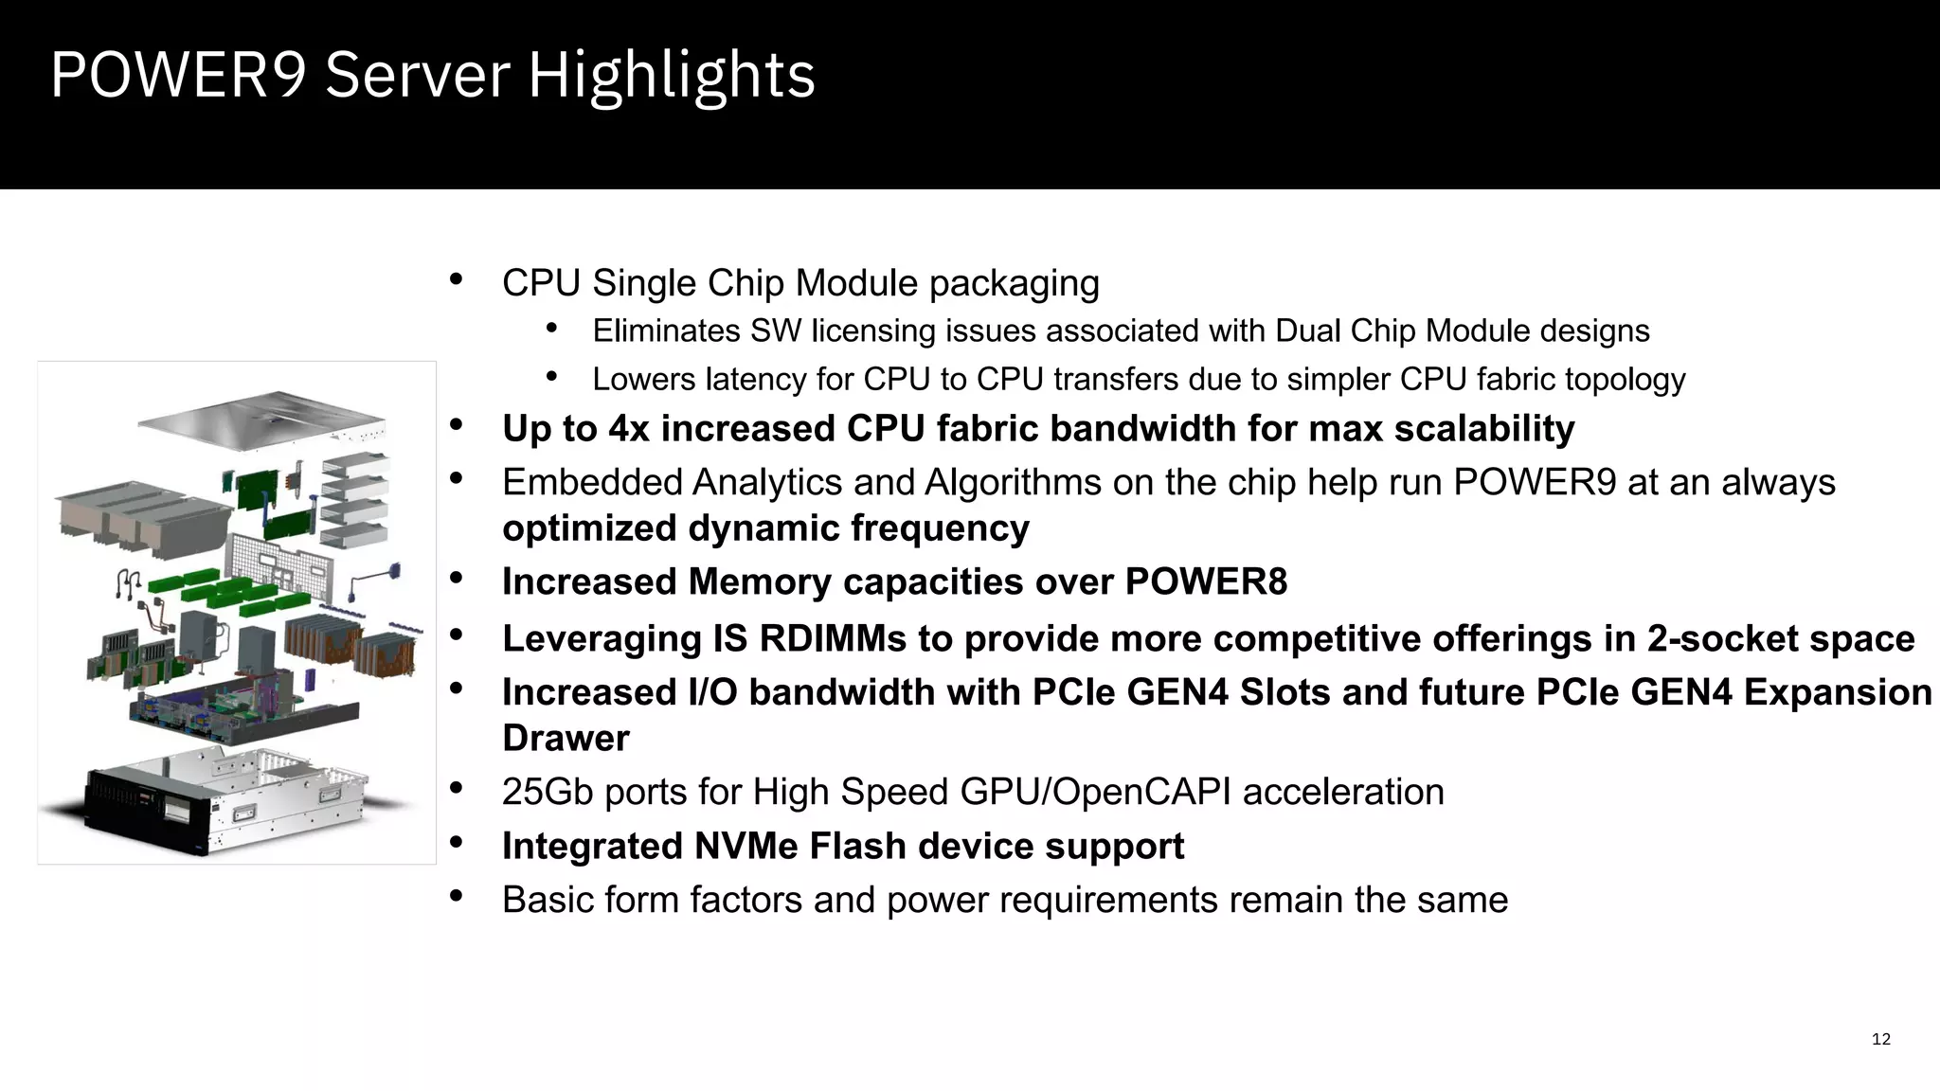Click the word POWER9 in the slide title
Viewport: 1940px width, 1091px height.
point(178,76)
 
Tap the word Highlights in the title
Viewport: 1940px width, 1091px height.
point(671,76)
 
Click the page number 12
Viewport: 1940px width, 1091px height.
point(1880,1040)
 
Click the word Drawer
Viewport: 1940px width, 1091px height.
point(566,739)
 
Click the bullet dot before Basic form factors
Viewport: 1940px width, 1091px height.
point(456,896)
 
